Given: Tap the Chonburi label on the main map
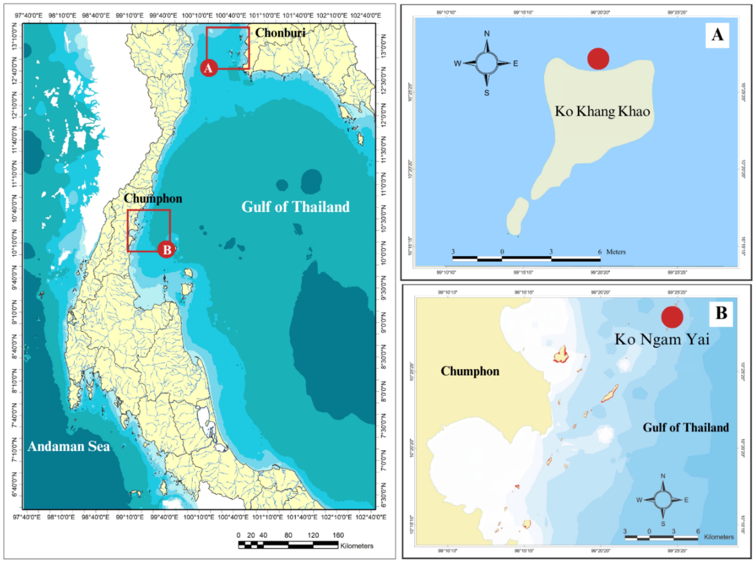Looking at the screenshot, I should tap(280, 33).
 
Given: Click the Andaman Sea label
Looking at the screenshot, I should tap(69, 446).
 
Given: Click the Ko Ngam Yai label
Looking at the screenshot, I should tap(662, 339).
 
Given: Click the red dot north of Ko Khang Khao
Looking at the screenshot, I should tap(598, 59).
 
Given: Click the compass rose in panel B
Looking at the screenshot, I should tap(662, 500).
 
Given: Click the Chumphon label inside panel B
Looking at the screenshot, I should tap(470, 371).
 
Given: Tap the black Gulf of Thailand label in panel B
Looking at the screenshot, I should tap(686, 427).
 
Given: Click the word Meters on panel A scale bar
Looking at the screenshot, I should tap(616, 252).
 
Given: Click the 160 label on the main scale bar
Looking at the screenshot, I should tap(338, 535).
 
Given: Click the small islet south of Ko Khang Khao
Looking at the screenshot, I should tap(517, 217).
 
